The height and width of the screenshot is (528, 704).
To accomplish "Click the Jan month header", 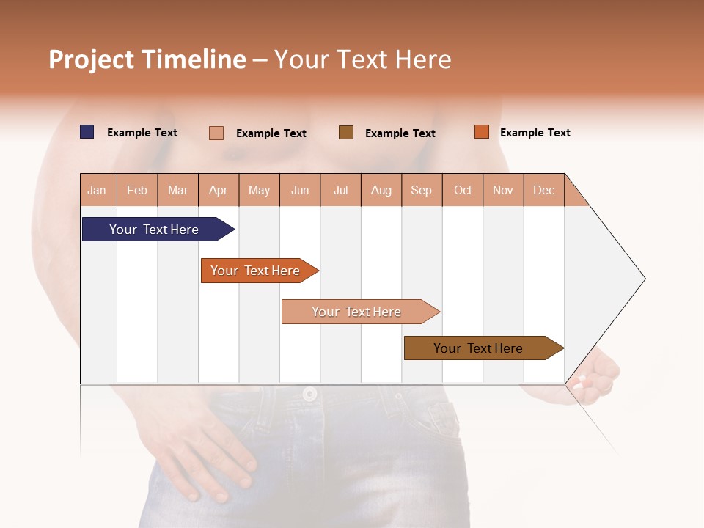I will [x=97, y=190].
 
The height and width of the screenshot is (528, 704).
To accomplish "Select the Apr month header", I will [x=218, y=190].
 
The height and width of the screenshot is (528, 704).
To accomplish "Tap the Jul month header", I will [x=340, y=190].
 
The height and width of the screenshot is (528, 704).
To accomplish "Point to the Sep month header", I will [x=421, y=190].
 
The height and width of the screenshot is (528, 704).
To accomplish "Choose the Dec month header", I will [x=543, y=190].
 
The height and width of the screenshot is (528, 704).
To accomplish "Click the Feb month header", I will [x=137, y=190].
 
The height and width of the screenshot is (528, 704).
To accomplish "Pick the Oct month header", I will [x=463, y=190].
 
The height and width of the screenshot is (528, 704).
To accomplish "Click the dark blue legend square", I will [x=87, y=132].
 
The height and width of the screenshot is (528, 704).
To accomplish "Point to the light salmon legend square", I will [x=216, y=133].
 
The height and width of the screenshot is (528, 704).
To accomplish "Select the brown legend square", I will [x=346, y=132].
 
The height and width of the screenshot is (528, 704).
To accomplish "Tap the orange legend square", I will [x=481, y=132].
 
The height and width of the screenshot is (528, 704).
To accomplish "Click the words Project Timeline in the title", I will [x=147, y=59].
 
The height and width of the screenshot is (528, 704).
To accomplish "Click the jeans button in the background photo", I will [x=309, y=394].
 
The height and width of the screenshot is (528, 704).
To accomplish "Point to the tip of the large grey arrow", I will [x=644, y=279].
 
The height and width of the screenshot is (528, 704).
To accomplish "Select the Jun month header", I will [x=300, y=190].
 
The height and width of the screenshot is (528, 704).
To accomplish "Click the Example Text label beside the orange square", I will [x=535, y=133].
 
